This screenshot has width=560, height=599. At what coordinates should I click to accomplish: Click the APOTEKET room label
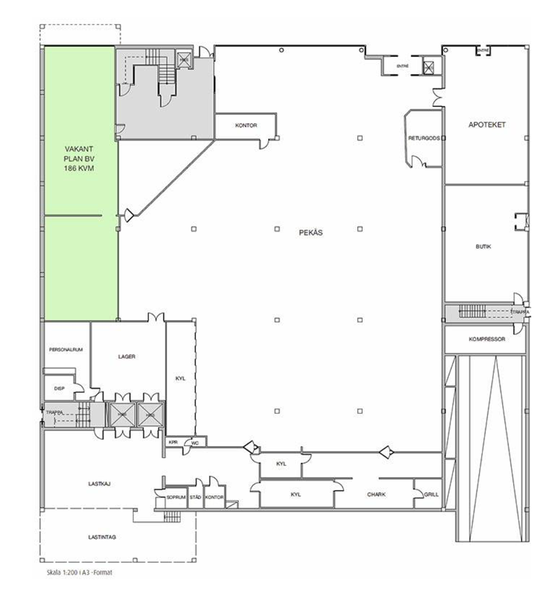coord(486,125)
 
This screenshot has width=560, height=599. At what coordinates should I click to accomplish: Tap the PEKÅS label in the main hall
coord(310,232)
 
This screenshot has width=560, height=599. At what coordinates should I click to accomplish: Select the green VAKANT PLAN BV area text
coord(80,159)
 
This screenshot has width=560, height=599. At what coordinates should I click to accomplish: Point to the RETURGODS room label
coord(424,139)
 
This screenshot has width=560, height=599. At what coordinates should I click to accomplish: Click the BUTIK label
coord(483,246)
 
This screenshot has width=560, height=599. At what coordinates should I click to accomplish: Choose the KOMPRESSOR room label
coord(486,339)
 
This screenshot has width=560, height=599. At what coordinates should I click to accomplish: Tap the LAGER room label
coord(126,356)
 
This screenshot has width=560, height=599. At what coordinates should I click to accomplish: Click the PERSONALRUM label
coord(66,349)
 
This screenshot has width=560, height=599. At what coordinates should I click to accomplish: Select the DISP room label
coord(59,388)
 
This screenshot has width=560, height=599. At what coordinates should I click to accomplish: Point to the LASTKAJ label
coord(97,484)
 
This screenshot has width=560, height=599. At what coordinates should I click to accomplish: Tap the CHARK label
coord(376,495)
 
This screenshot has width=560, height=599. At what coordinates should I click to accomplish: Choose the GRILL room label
coord(431,495)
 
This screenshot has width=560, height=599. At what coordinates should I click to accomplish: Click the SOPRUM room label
coord(176,497)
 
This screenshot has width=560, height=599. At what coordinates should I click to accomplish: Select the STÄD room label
coord(196,497)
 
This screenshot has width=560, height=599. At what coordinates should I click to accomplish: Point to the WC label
coord(195,443)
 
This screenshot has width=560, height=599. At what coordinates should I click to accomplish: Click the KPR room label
coord(173,442)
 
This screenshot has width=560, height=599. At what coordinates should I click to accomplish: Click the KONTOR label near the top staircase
coord(246,125)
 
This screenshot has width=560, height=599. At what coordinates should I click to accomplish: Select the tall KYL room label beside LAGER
coord(180,378)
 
